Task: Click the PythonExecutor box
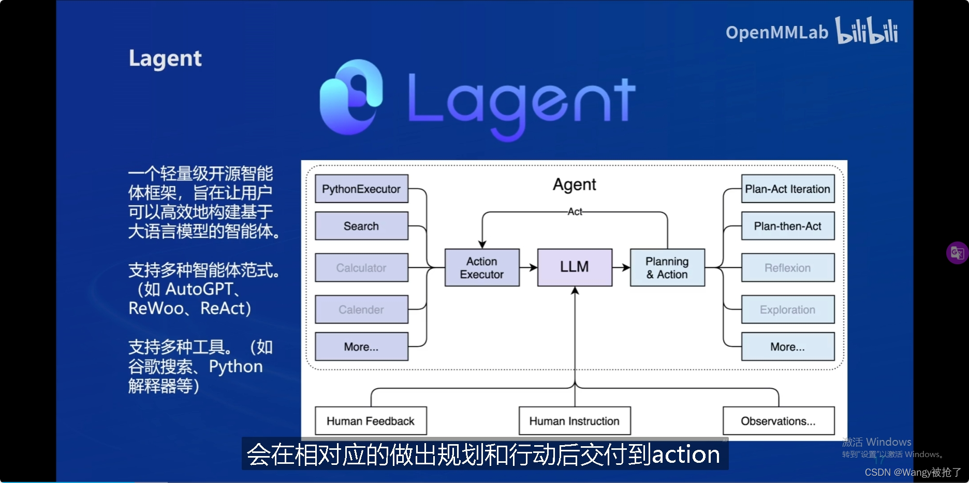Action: click(x=361, y=189)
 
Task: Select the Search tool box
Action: click(x=361, y=226)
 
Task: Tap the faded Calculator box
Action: click(x=361, y=268)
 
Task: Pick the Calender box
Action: click(x=361, y=309)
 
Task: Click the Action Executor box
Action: click(x=482, y=267)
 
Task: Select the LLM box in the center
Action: click(x=575, y=267)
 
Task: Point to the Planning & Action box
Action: click(x=667, y=267)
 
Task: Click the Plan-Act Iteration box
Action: click(x=787, y=189)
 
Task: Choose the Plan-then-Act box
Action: click(x=787, y=226)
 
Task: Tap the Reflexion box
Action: click(x=787, y=268)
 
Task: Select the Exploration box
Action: click(x=787, y=309)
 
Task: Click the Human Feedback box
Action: click(x=371, y=421)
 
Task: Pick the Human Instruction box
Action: click(x=575, y=421)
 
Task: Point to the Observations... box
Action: click(x=778, y=421)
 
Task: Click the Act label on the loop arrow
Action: click(x=575, y=211)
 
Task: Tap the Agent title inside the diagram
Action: click(x=575, y=184)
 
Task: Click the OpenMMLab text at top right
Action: click(x=776, y=33)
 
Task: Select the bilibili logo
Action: click(x=866, y=31)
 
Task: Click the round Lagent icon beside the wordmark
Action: click(x=351, y=98)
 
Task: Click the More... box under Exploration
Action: click(x=787, y=347)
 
